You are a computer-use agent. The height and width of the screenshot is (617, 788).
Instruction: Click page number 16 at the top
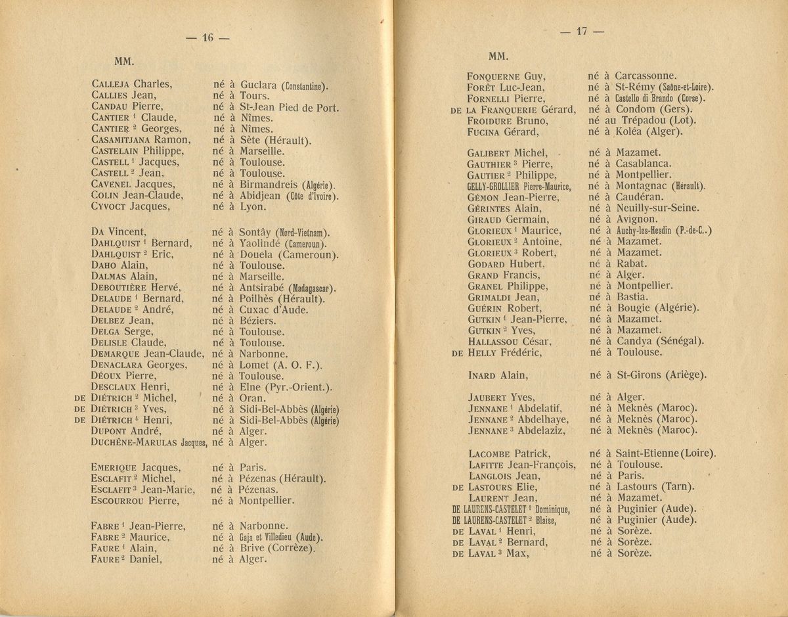click(x=208, y=38)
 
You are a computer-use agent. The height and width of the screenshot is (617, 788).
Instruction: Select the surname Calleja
click(x=111, y=84)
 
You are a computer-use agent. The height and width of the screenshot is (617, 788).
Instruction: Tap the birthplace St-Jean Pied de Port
click(x=289, y=107)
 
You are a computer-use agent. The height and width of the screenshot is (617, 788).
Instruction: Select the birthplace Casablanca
click(x=644, y=164)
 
